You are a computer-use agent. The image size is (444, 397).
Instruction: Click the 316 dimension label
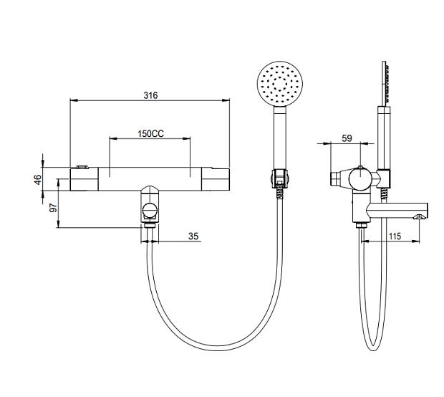150,95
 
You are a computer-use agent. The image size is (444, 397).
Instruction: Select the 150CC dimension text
150,133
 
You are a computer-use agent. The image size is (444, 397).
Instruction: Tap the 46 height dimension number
38,180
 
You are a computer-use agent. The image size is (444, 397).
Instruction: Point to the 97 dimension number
53,208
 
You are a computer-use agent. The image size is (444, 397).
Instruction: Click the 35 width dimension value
193,236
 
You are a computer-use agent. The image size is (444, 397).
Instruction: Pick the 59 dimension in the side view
347,138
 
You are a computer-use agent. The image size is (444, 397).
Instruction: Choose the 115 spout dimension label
395,236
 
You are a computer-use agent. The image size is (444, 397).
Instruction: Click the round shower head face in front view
280,84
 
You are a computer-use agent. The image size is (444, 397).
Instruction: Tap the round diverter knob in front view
150,211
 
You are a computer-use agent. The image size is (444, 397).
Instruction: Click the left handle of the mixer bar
84,179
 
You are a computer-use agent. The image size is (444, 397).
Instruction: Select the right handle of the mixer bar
216,179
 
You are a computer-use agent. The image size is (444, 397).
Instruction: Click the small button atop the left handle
82,167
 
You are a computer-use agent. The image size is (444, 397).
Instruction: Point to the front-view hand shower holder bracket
280,178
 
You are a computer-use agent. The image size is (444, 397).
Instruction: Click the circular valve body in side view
360,178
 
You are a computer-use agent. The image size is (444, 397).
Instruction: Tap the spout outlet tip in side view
420,217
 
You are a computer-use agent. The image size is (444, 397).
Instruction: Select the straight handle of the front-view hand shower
280,138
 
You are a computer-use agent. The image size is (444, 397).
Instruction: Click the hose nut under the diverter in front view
150,226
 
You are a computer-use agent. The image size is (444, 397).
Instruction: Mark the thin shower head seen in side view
385,82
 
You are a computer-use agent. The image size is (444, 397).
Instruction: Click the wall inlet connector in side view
336,179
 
